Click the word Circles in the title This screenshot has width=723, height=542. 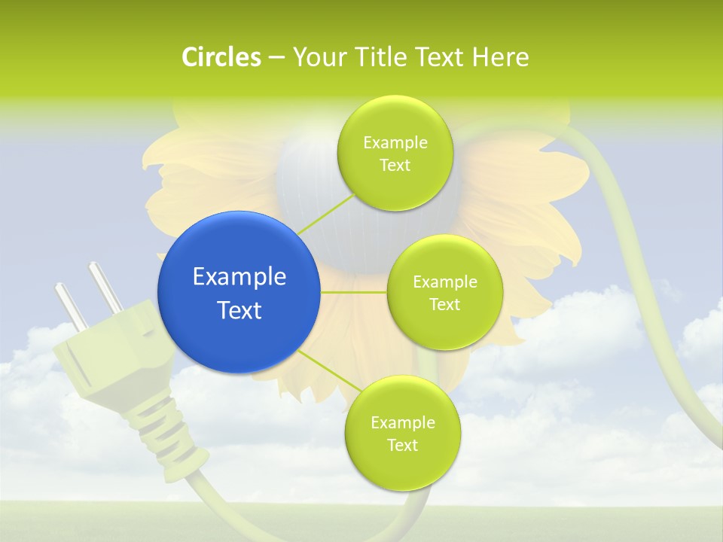click(221, 57)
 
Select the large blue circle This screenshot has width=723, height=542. click(239, 292)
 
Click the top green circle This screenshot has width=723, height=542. click(395, 153)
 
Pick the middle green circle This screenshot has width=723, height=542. click(444, 292)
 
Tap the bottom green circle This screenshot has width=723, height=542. click(402, 433)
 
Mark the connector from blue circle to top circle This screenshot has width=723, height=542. click(325, 212)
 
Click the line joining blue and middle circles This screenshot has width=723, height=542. click(353, 292)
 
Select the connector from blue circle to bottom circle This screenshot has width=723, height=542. click(329, 371)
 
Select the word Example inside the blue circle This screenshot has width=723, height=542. click(239, 276)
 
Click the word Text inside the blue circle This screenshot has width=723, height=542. click(239, 309)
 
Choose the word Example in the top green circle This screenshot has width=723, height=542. click(395, 142)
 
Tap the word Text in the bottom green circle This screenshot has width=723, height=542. click(402, 445)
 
